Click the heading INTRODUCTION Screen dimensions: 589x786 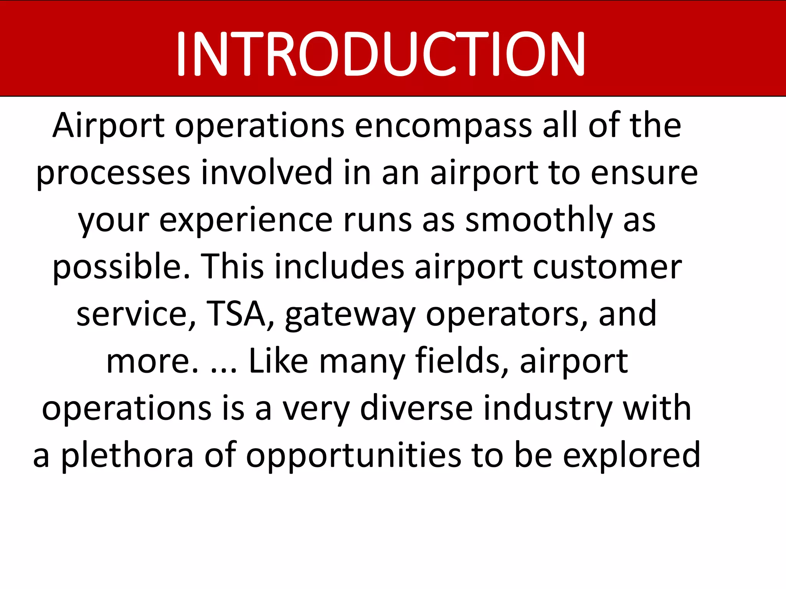tap(380, 54)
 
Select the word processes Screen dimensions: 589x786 tap(113, 173)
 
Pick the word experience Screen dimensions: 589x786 tap(246, 220)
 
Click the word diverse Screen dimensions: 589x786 tap(416, 408)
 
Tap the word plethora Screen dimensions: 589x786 tap(127, 456)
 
